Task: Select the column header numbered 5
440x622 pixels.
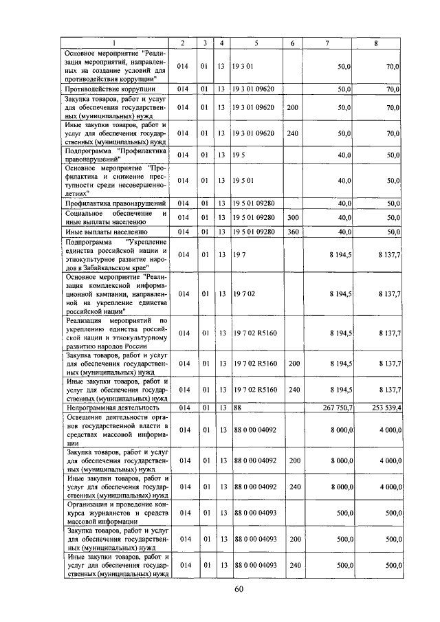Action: (256, 43)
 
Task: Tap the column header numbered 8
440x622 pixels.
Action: (376, 43)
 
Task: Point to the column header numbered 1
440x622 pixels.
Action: (115, 43)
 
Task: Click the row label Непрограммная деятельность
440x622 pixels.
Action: (108, 408)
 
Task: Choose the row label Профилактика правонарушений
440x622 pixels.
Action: (115, 203)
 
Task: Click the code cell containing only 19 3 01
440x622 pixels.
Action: (245, 67)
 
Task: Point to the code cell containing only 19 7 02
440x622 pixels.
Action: (245, 294)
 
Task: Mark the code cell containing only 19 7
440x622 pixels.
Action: (240, 254)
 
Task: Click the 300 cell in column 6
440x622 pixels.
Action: (292, 217)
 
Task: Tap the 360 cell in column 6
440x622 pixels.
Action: (292, 232)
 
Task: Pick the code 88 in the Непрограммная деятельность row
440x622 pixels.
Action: (238, 408)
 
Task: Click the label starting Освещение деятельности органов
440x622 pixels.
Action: (115, 430)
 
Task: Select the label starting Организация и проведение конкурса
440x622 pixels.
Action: (115, 512)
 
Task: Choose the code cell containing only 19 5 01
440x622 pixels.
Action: (245, 180)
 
